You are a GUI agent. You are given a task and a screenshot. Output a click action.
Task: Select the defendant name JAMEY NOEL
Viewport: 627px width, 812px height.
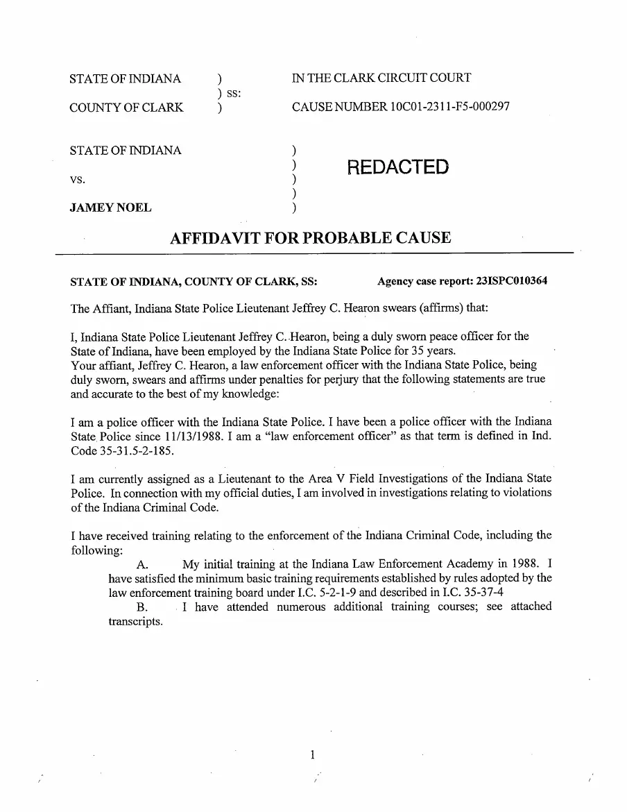[x=110, y=208]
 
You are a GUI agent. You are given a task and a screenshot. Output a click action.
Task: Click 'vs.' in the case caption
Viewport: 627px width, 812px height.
[x=78, y=179]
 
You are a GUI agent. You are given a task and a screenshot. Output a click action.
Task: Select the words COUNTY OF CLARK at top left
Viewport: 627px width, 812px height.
[x=126, y=108]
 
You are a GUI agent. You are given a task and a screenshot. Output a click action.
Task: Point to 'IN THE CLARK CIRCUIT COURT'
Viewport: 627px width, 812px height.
[x=381, y=78]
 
